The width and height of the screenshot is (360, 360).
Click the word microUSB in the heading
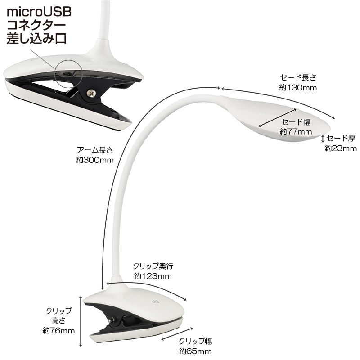[x=39, y=12]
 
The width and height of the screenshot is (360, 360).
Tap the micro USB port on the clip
[x=67, y=75]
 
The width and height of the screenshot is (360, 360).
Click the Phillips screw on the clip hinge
[x=91, y=93]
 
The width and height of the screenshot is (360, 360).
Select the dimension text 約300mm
[x=95, y=160]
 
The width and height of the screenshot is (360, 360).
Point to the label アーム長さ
[x=95, y=150]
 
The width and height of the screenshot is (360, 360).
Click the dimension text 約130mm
[x=298, y=87]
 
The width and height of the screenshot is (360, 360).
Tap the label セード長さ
[x=298, y=77]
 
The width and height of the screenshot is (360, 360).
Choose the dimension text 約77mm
[x=296, y=131]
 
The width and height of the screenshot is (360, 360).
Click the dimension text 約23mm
[x=341, y=148]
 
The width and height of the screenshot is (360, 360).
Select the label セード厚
[x=341, y=138]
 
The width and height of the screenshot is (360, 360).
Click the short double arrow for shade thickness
[x=323, y=139]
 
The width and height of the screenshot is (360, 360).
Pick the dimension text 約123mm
[x=153, y=276]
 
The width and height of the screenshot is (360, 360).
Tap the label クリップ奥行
[x=153, y=266]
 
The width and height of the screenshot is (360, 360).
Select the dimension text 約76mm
[x=59, y=331]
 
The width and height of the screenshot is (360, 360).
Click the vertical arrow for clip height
[x=81, y=321]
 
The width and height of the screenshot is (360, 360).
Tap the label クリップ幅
[x=195, y=341]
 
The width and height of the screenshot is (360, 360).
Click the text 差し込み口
[x=37, y=38]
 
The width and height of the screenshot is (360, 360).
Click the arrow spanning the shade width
[x=278, y=117]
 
